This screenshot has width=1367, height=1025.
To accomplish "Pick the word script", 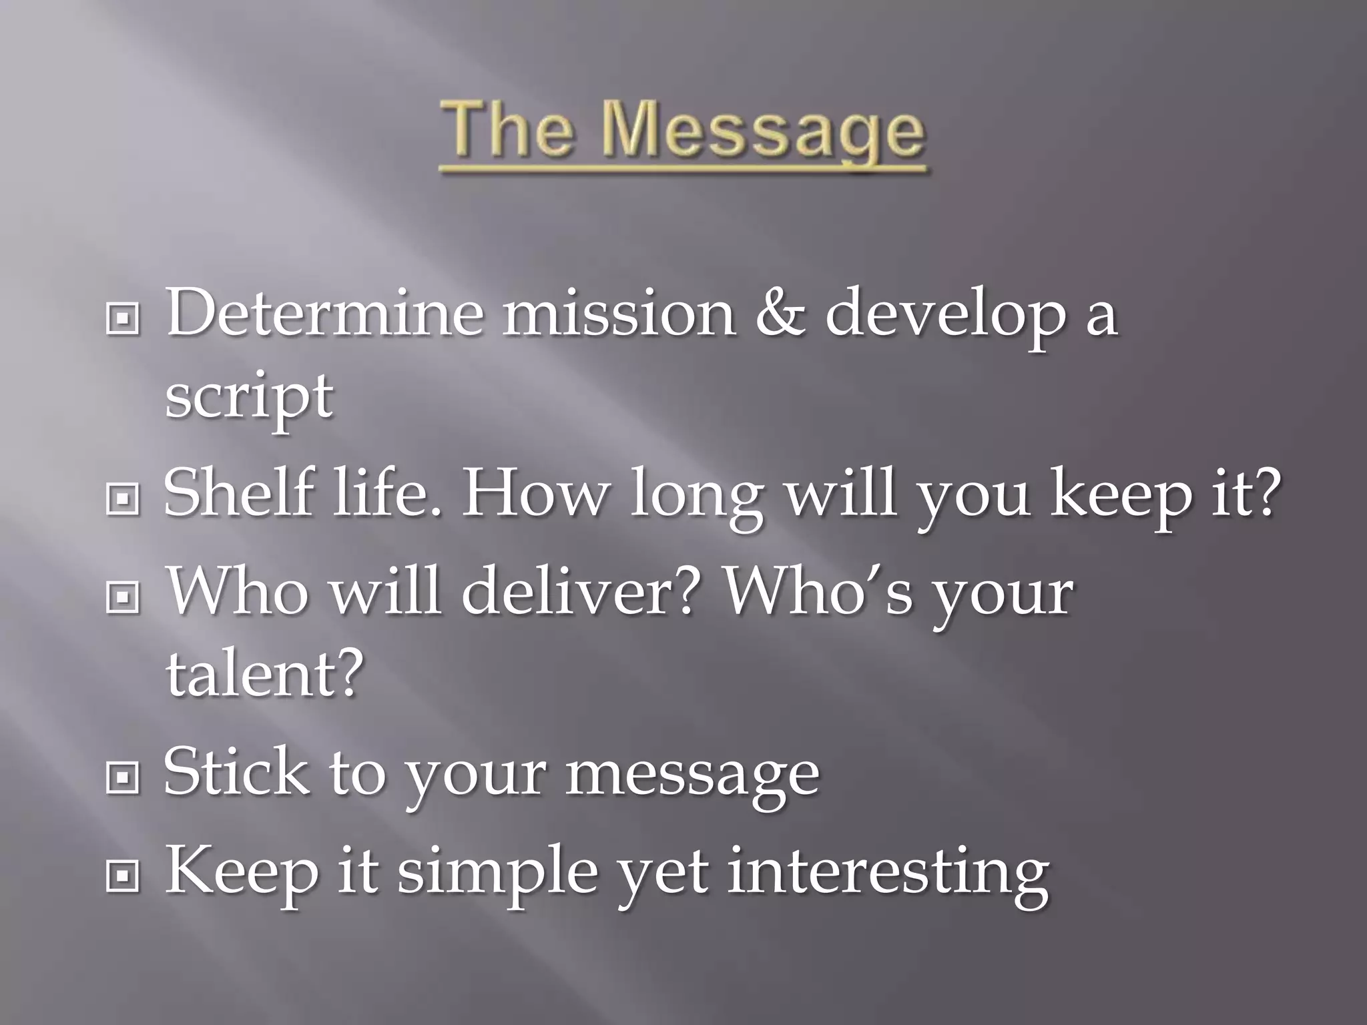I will click(x=249, y=397).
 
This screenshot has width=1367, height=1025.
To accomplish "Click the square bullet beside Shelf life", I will click(x=123, y=498).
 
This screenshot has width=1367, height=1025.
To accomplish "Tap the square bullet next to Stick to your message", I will click(x=123, y=777).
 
